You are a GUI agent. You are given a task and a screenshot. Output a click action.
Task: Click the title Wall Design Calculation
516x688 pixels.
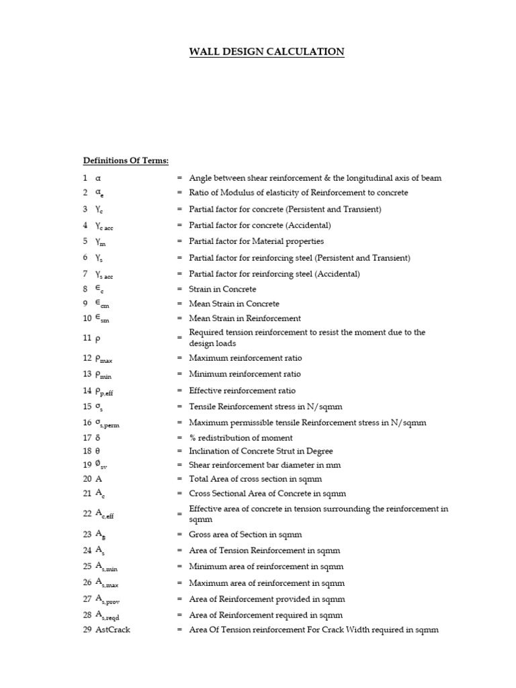tap(267, 52)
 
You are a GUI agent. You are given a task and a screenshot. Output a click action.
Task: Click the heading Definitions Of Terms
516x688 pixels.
tap(126, 161)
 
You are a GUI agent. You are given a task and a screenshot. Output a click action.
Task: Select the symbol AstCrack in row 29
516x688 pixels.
tap(113, 630)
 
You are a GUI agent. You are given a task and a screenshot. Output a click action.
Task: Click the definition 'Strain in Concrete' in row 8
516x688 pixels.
tap(222, 289)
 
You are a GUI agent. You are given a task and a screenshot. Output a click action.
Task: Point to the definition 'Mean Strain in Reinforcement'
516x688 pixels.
tap(245, 318)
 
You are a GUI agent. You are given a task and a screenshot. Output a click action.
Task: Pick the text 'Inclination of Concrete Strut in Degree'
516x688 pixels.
tap(261, 451)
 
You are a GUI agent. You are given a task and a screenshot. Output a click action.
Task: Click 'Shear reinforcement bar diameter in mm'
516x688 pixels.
tap(265, 465)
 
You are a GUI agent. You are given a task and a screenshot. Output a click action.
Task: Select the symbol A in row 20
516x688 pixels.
tap(99, 479)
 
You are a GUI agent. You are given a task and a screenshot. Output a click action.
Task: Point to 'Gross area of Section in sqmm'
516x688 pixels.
tap(245, 535)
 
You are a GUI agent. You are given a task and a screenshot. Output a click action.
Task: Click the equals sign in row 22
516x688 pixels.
tap(179, 514)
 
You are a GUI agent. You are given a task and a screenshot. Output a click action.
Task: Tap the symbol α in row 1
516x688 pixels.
tap(99, 178)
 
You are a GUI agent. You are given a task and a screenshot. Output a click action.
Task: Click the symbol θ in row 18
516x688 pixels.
tap(98, 451)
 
